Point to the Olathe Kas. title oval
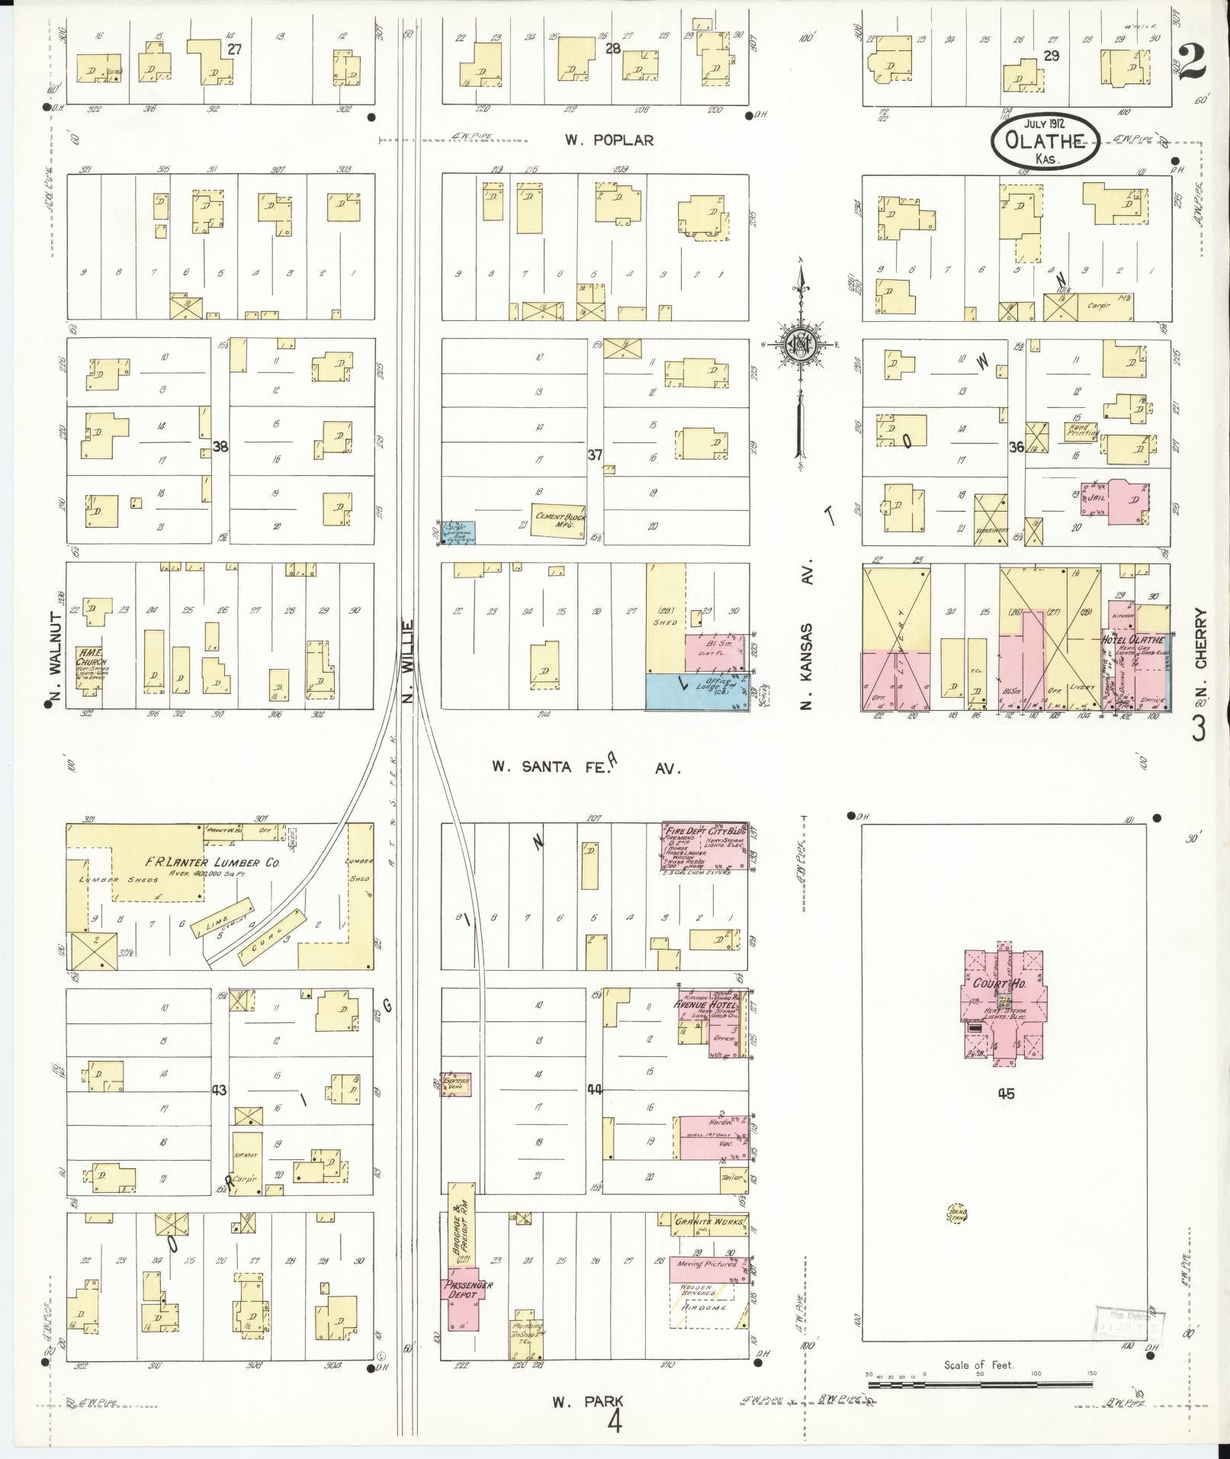tap(1045, 140)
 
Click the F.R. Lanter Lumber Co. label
tap(213, 863)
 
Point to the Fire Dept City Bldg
tap(704, 846)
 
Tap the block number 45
tap(1004, 1094)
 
